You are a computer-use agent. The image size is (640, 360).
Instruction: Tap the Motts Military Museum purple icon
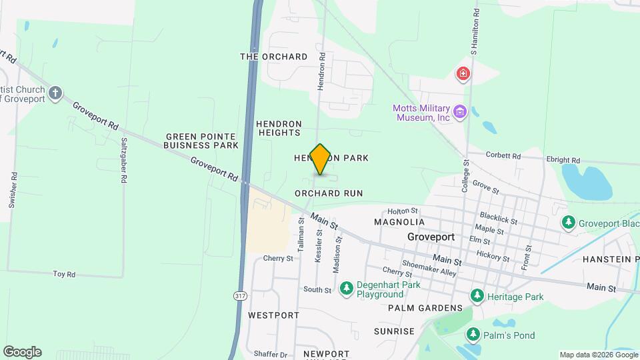coord(459,111)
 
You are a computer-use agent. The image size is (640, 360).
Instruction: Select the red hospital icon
coord(463,73)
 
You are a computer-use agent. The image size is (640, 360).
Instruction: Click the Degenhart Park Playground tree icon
coord(346,288)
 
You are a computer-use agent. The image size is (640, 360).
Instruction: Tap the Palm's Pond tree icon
coord(473,335)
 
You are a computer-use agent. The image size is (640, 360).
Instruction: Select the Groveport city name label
coord(431,237)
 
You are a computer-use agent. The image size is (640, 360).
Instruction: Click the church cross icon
coord(56,93)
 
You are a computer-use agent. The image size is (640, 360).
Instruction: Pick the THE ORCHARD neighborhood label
coord(274,57)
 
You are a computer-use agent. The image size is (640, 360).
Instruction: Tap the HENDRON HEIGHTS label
coord(279,128)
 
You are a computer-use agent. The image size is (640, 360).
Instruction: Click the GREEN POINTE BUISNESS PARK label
coord(201,141)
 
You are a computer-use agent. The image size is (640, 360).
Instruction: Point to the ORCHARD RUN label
coord(329,193)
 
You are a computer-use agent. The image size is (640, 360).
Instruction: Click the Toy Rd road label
coord(64,274)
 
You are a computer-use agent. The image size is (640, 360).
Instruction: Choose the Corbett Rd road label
coord(503,155)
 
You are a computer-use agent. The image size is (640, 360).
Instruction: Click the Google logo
coord(22,352)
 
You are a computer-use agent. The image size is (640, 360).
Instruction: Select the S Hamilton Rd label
coord(475,32)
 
